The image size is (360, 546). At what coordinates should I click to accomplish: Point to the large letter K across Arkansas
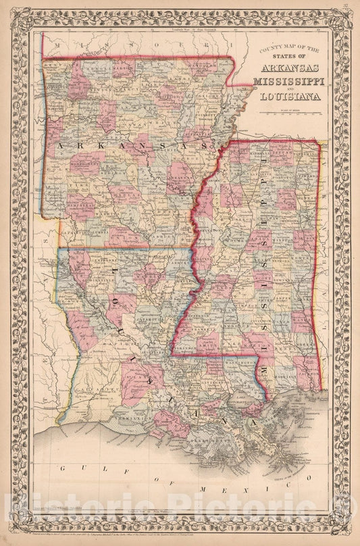tap(84, 146)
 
